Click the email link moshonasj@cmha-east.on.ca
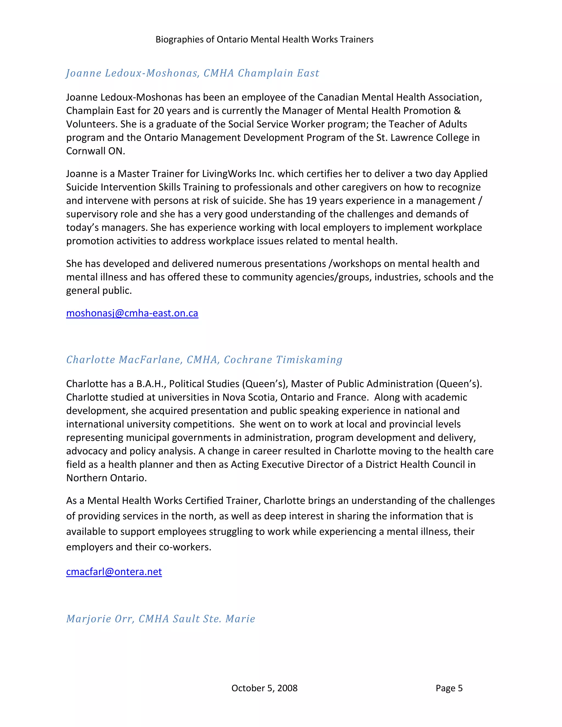coord(132,313)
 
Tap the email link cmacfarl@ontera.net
coord(114,571)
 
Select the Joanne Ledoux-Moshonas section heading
coord(192,73)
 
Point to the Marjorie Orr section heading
coord(161,618)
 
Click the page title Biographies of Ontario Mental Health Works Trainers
coord(264,39)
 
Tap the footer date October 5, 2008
coord(264,688)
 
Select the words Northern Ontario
coord(106,478)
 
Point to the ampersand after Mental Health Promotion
coord(457,111)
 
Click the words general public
coord(99,291)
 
